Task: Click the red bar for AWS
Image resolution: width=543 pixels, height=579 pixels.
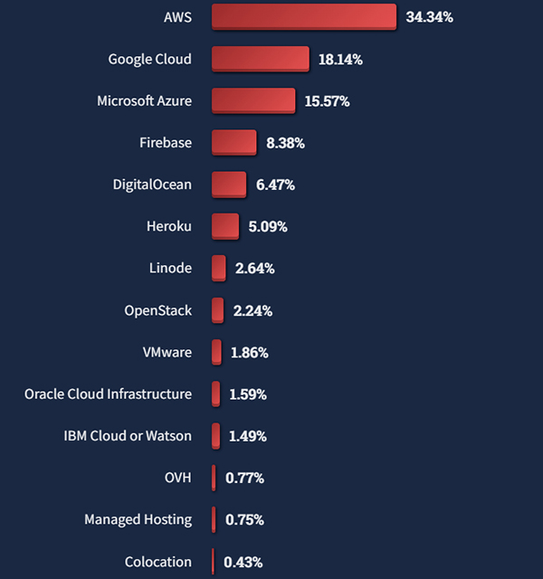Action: tap(304, 17)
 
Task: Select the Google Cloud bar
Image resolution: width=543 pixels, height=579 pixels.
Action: tap(261, 59)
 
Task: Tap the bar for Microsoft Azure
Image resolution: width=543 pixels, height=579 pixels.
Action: tap(253, 100)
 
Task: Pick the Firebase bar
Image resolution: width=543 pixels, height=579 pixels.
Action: tap(234, 143)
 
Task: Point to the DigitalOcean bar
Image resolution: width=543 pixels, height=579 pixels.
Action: tap(229, 185)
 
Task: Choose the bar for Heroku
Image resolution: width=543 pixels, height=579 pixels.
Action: tap(225, 226)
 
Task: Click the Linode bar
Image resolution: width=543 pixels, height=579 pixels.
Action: tap(219, 268)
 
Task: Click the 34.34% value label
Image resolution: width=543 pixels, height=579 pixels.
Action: tap(430, 17)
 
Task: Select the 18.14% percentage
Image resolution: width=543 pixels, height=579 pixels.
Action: tap(340, 60)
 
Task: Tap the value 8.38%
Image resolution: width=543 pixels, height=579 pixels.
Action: tap(285, 143)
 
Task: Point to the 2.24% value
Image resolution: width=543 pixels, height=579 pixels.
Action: tap(252, 310)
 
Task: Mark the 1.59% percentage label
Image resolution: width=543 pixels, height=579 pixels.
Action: tap(248, 394)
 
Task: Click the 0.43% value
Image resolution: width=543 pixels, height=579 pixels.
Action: tap(243, 562)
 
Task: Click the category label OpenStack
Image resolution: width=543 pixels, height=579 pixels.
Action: tap(158, 310)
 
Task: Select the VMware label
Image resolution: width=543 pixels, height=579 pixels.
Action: tap(167, 352)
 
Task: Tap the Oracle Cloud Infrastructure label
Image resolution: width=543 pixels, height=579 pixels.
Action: tap(109, 394)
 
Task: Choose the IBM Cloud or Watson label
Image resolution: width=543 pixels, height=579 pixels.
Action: tap(128, 436)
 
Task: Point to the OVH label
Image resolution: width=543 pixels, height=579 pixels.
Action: tap(178, 478)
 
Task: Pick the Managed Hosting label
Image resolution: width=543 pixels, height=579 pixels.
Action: tap(138, 519)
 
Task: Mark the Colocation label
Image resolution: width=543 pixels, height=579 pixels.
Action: tap(158, 562)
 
